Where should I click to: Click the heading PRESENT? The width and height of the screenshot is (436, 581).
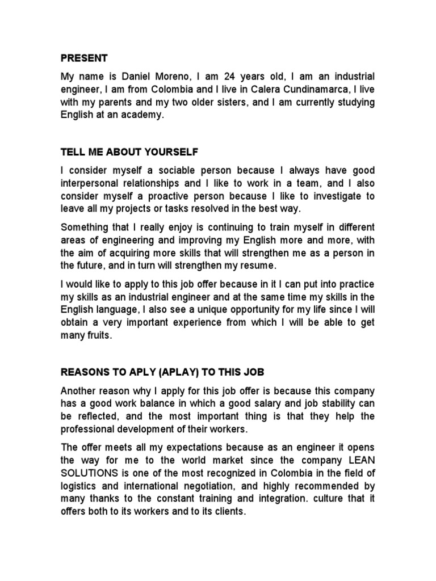click(84, 58)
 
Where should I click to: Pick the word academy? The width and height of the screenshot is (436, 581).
click(144, 115)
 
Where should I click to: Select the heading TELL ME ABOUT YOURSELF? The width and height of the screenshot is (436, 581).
click(130, 152)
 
